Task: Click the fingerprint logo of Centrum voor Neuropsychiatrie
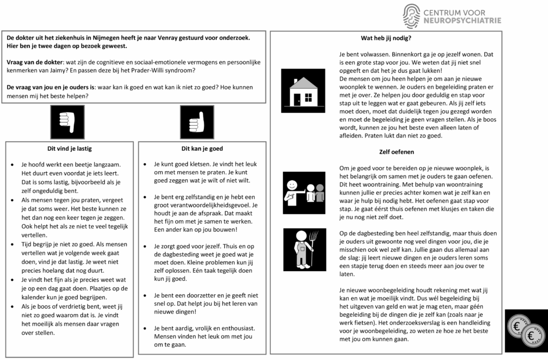[412, 16]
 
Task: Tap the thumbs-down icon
[67, 122]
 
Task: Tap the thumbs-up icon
[197, 122]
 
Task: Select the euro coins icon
[526, 331]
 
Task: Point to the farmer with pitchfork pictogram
[303, 248]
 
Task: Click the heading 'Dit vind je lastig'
[70, 148]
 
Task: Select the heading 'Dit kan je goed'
[202, 148]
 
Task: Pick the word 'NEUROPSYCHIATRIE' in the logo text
[462, 21]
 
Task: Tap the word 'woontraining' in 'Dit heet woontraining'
[370, 185]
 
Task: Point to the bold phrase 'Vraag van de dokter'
[35, 62]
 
